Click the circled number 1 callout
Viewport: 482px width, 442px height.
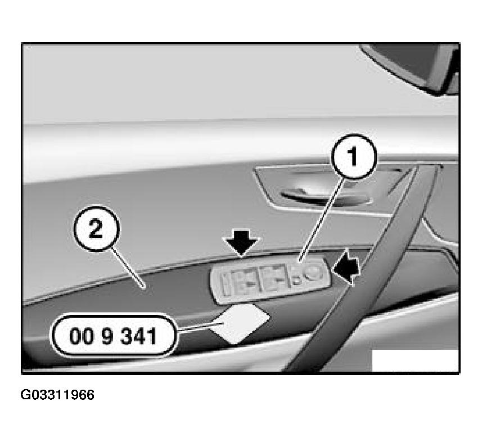click(x=354, y=156)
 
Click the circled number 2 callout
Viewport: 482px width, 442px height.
click(x=96, y=229)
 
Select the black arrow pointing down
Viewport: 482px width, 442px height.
click(x=241, y=243)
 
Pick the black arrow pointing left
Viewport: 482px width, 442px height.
click(x=346, y=267)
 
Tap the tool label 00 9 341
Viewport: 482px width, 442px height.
click(x=113, y=336)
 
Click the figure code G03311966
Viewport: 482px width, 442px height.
click(x=57, y=395)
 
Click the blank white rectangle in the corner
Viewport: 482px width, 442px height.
click(x=415, y=360)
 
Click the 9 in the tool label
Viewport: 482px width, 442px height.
click(x=107, y=336)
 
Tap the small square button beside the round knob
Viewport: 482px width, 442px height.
click(x=296, y=280)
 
